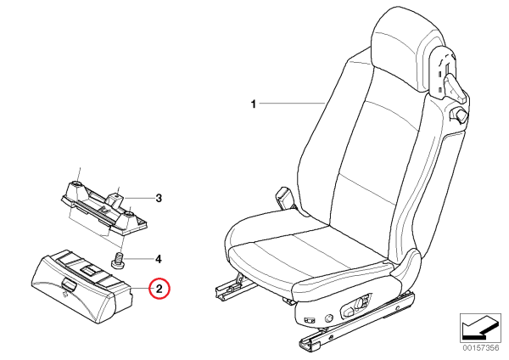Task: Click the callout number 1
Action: [x=254, y=104]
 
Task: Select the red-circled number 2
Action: [x=159, y=288]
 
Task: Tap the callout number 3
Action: [x=159, y=198]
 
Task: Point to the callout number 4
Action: [x=158, y=259]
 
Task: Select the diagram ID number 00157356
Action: [x=480, y=348]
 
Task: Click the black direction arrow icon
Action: [x=480, y=328]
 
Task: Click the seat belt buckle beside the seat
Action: [x=285, y=197]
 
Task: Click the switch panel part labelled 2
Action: [x=81, y=287]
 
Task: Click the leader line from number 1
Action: [x=293, y=104]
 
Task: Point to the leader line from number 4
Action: [x=138, y=259]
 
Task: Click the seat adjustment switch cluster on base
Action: [x=355, y=307]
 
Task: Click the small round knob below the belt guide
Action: [x=460, y=115]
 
